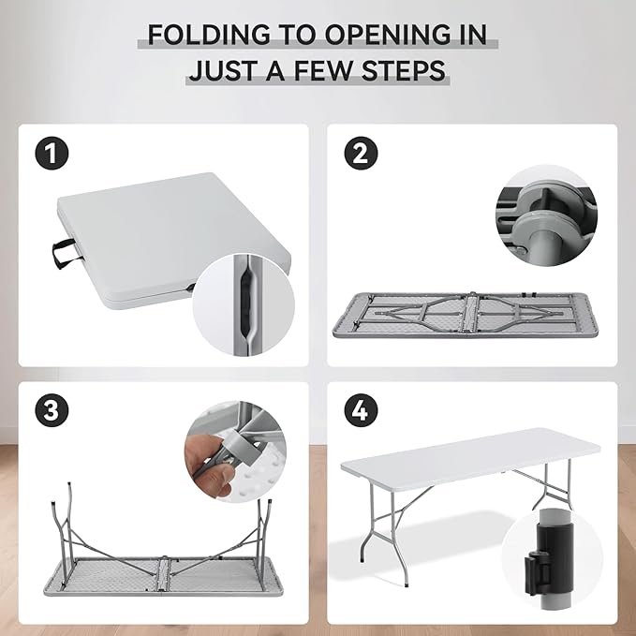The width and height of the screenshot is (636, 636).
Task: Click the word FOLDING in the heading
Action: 209,34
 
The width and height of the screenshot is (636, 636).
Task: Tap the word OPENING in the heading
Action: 387,34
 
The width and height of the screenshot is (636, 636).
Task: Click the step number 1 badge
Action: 52,154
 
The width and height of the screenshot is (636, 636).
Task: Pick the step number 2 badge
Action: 361,154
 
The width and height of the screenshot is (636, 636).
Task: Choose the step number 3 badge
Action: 52,409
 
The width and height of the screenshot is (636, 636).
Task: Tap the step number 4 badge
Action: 361,409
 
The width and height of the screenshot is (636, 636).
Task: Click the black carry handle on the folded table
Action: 64,254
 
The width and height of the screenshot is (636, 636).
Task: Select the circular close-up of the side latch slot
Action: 244,305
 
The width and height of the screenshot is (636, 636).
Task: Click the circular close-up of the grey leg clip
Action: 546,215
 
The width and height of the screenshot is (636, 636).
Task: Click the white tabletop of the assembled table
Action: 470,457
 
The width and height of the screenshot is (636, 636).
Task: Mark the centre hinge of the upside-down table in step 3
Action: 163,574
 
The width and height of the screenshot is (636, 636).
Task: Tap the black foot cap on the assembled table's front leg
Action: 406,584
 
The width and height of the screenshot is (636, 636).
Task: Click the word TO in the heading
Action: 297,34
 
